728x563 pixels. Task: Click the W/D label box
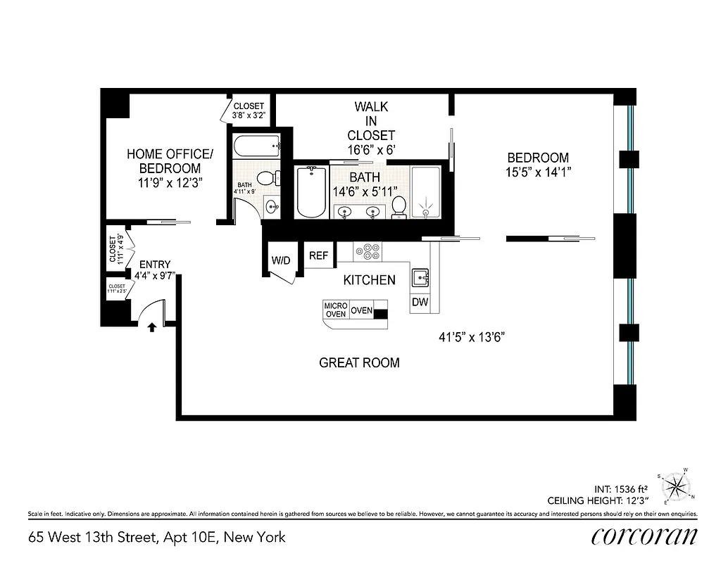click(280, 260)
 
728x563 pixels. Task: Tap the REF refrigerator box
click(318, 255)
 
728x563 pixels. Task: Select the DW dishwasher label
click(420, 303)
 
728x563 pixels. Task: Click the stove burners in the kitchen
click(368, 251)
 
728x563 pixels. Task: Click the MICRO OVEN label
click(335, 310)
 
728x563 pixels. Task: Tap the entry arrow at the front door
click(151, 327)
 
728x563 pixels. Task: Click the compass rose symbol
click(678, 486)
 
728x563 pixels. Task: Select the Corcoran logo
click(644, 536)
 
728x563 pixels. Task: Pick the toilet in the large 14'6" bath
click(398, 205)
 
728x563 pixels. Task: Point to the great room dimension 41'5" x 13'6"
click(471, 337)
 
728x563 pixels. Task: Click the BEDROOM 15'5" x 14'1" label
click(538, 164)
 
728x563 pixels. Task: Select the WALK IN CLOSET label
click(371, 128)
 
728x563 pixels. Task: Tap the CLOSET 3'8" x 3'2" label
click(249, 111)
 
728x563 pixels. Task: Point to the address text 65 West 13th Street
click(156, 537)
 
